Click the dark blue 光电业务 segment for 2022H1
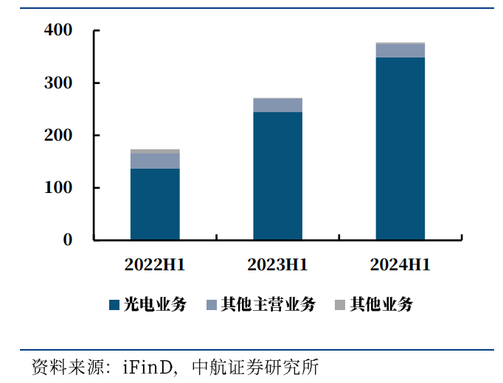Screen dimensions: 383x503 point(155,204)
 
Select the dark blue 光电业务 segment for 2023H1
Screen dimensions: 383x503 point(277,175)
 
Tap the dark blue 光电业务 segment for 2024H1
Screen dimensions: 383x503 point(400,148)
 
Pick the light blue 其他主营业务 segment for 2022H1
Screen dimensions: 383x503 point(155,161)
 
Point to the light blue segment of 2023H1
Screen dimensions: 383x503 point(277,105)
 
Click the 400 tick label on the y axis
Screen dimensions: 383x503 point(58,31)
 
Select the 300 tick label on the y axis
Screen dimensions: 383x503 point(58,83)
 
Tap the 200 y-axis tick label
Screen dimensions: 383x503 point(58,136)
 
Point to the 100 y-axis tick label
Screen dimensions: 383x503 point(58,188)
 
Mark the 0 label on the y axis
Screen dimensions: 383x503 point(68,240)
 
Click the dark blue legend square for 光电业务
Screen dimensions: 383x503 point(114,305)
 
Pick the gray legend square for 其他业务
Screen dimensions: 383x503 point(340,305)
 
